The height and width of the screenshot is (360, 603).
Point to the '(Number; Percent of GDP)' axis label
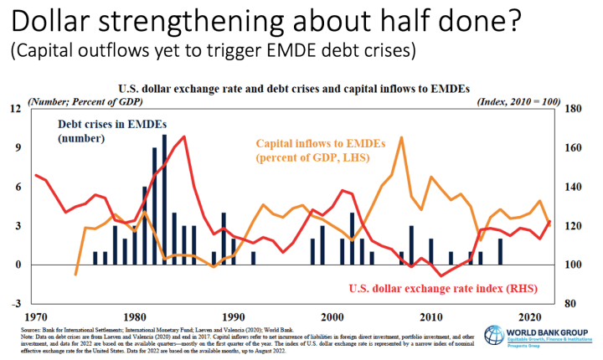[85, 101]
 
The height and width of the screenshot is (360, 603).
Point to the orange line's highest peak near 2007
[402, 138]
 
